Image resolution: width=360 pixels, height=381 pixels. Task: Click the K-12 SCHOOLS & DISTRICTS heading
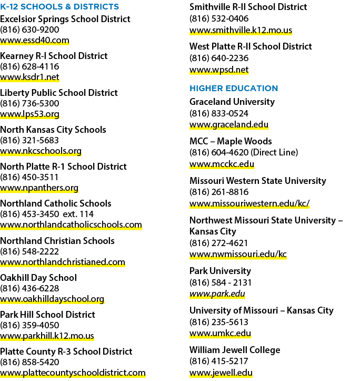pyautogui.click(x=59, y=6)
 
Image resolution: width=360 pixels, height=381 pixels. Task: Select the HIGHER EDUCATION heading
pyautogui.click(x=234, y=88)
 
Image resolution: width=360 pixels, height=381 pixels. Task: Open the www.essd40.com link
pyautogui.click(x=35, y=40)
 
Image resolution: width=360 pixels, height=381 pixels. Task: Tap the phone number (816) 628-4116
pyautogui.click(x=29, y=66)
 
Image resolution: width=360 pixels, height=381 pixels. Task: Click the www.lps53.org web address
pyautogui.click(x=29, y=114)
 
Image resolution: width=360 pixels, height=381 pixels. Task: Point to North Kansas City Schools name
pyautogui.click(x=53, y=130)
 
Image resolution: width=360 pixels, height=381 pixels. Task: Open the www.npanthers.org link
pyautogui.click(x=39, y=188)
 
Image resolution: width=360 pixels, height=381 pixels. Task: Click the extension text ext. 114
pyautogui.click(x=78, y=214)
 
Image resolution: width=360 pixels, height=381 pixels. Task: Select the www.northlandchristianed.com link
pyautogui.click(x=63, y=262)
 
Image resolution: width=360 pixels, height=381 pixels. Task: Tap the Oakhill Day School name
pyautogui.click(x=38, y=278)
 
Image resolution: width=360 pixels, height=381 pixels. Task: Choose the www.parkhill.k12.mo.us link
pyautogui.click(x=47, y=336)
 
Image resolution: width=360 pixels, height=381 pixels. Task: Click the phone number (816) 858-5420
pyautogui.click(x=29, y=362)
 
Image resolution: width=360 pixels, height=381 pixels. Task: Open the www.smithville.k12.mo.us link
pyautogui.click(x=241, y=30)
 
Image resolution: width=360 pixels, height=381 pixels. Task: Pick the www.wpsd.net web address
pyautogui.click(x=219, y=70)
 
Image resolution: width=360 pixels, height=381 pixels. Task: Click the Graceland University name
pyautogui.click(x=232, y=102)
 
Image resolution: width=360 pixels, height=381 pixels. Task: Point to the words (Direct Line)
pyautogui.click(x=274, y=152)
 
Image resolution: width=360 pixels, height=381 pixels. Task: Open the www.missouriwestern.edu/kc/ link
pyautogui.click(x=249, y=203)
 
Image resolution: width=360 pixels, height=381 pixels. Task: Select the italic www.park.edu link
pyautogui.click(x=217, y=294)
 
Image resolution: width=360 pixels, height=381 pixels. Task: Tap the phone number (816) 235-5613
pyautogui.click(x=219, y=322)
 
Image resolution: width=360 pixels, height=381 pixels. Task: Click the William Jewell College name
pyautogui.click(x=235, y=350)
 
